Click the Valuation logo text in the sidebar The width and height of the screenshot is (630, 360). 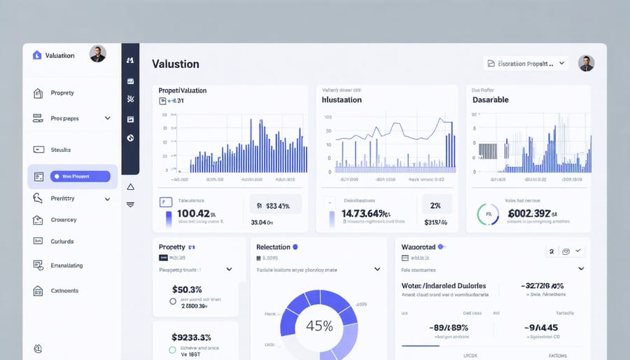(x=59, y=55)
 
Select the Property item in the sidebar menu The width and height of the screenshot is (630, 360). (x=62, y=93)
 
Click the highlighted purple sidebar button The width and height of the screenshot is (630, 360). (x=80, y=176)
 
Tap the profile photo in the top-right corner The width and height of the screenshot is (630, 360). (x=587, y=63)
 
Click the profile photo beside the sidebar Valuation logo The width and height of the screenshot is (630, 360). (x=98, y=54)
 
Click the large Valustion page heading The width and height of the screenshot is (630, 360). (x=176, y=64)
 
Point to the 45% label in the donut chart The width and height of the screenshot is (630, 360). (x=319, y=326)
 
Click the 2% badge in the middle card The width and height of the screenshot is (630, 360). (x=435, y=206)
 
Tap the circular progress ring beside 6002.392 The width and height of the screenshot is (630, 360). (x=487, y=214)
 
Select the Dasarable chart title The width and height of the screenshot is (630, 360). (x=491, y=99)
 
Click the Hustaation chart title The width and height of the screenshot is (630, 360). (x=342, y=99)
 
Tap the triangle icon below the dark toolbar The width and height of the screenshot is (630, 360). (x=130, y=187)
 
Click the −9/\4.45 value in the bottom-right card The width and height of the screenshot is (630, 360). (x=543, y=327)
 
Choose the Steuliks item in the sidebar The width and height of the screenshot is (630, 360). (x=61, y=150)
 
